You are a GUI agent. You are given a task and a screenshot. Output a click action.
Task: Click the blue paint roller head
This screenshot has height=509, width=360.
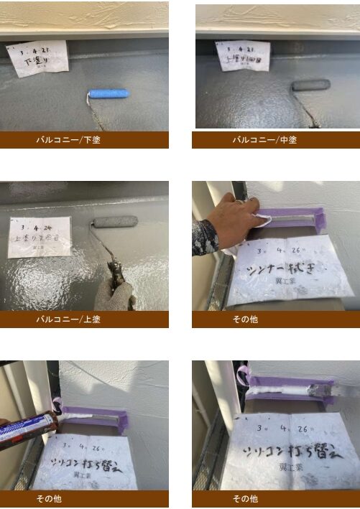tap(109, 93)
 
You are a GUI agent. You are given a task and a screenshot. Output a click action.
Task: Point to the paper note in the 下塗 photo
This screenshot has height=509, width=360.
tap(37, 57)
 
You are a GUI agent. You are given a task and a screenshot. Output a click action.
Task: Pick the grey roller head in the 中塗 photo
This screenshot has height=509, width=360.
tap(310, 85)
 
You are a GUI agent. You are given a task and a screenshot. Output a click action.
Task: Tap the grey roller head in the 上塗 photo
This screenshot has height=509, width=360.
tap(115, 223)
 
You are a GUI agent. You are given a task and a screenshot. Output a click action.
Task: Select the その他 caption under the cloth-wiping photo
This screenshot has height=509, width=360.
tap(244, 319)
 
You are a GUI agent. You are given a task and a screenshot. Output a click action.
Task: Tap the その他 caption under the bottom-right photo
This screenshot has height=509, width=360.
tap(244, 498)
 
